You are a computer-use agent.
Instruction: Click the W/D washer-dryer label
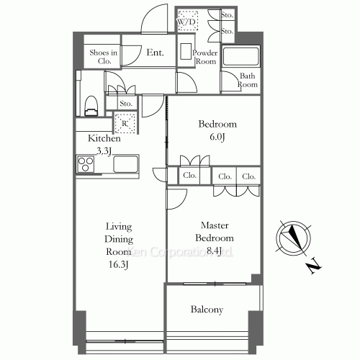coord(186,23)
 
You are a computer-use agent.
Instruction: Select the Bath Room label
coord(247,80)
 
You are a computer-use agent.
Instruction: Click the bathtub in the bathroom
coord(240,57)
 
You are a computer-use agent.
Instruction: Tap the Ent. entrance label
coord(155,53)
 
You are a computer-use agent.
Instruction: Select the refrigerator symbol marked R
coord(125,123)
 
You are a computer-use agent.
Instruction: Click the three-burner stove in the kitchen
coord(86,165)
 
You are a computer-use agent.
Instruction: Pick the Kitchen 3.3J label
coord(99,145)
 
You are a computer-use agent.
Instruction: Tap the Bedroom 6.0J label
coord(217,130)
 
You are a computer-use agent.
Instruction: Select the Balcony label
coord(207,310)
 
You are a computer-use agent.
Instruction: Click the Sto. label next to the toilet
coord(125,104)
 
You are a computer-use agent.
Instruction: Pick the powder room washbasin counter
coord(186,52)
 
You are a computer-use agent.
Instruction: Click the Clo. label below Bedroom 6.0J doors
coord(190,176)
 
